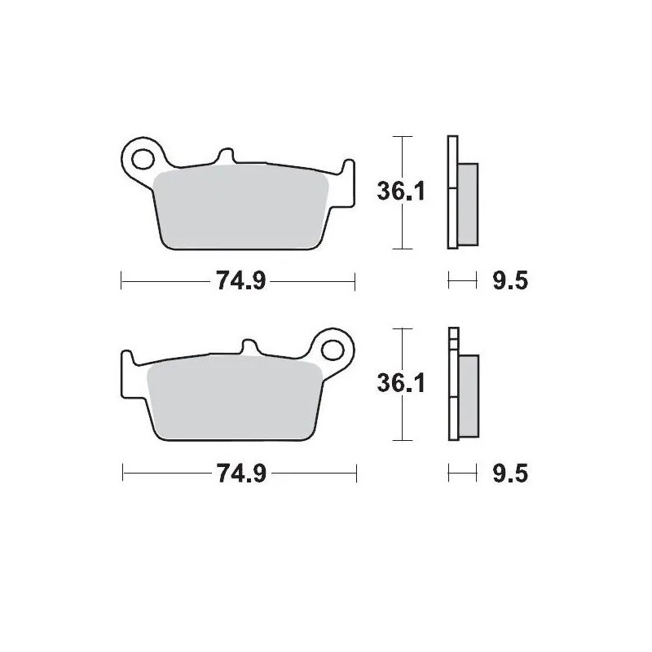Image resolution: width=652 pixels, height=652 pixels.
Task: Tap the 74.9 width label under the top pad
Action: [238, 282]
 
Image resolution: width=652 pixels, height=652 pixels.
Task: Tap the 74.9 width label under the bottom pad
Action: [238, 474]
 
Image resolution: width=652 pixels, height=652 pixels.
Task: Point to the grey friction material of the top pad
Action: [240, 208]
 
